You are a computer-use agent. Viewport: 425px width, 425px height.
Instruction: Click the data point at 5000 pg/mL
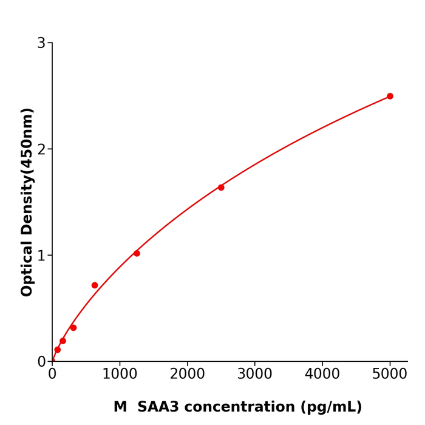pyautogui.click(x=390, y=96)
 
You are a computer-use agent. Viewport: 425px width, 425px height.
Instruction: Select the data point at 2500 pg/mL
pyautogui.click(x=221, y=187)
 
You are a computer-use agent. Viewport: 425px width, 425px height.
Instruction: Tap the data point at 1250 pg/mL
pyautogui.click(x=137, y=253)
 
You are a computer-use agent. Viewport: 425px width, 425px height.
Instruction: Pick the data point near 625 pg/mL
pyautogui.click(x=95, y=285)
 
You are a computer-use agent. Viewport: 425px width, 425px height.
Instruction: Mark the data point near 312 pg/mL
pyautogui.click(x=73, y=328)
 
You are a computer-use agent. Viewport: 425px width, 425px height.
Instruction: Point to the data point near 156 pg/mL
pyautogui.click(x=63, y=341)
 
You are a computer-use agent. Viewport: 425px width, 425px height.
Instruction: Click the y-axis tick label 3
pyautogui.click(x=41, y=43)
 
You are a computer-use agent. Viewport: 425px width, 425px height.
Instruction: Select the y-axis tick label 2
pyautogui.click(x=41, y=149)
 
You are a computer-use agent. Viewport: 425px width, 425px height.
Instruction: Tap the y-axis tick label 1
pyautogui.click(x=41, y=256)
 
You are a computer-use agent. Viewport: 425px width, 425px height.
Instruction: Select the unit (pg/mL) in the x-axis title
pyautogui.click(x=329, y=407)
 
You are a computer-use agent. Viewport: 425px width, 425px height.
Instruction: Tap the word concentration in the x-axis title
pyautogui.click(x=237, y=407)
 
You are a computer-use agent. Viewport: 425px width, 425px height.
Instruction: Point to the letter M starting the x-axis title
pyautogui.click(x=120, y=407)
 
